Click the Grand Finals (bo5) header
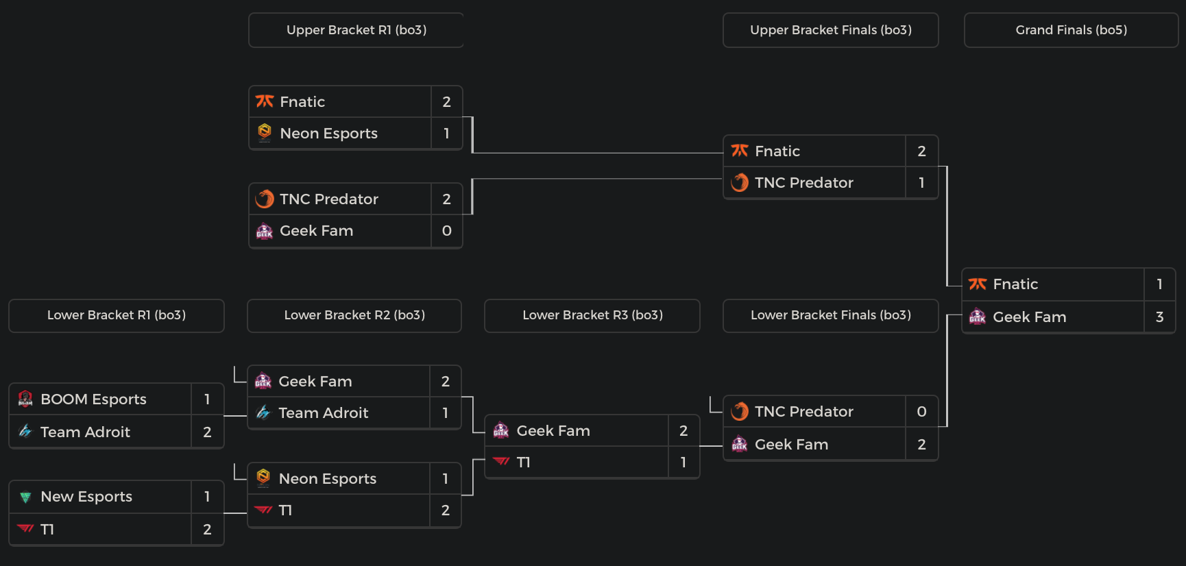click(1071, 30)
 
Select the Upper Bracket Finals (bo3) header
click(830, 30)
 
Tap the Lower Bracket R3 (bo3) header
click(592, 315)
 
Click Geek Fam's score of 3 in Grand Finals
click(1159, 317)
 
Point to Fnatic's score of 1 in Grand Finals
click(1159, 284)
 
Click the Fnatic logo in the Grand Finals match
click(978, 284)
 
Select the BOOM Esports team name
click(93, 399)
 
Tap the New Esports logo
click(25, 497)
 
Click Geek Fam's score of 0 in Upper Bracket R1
click(446, 231)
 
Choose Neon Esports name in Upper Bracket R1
click(328, 134)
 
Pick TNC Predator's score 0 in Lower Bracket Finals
click(921, 412)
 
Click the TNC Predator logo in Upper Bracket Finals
click(740, 183)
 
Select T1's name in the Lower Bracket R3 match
click(523, 463)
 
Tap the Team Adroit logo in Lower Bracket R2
click(263, 413)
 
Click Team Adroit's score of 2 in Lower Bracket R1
click(207, 432)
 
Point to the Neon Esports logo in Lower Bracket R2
click(263, 478)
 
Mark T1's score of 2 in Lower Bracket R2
click(446, 510)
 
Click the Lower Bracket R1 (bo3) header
click(117, 315)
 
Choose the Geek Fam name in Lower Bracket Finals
click(791, 445)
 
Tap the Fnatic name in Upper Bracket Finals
click(777, 151)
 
